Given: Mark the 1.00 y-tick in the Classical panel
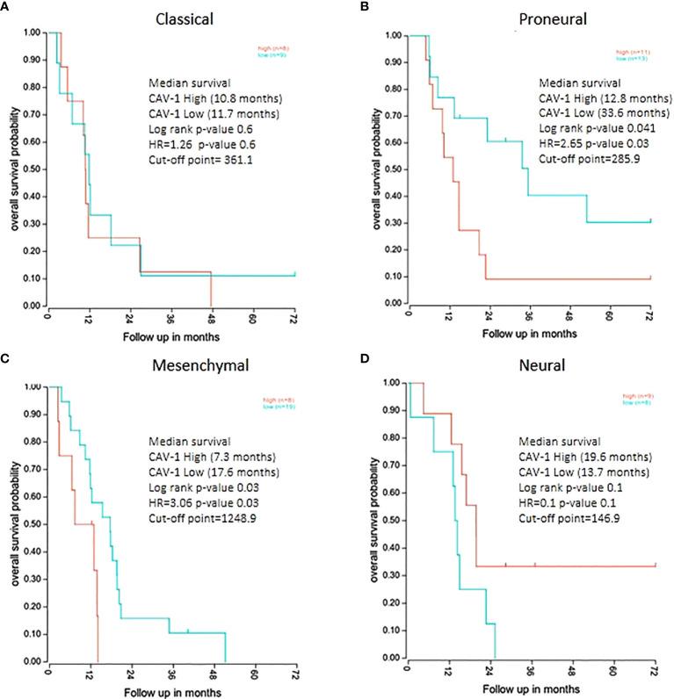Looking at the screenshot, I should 32,32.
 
